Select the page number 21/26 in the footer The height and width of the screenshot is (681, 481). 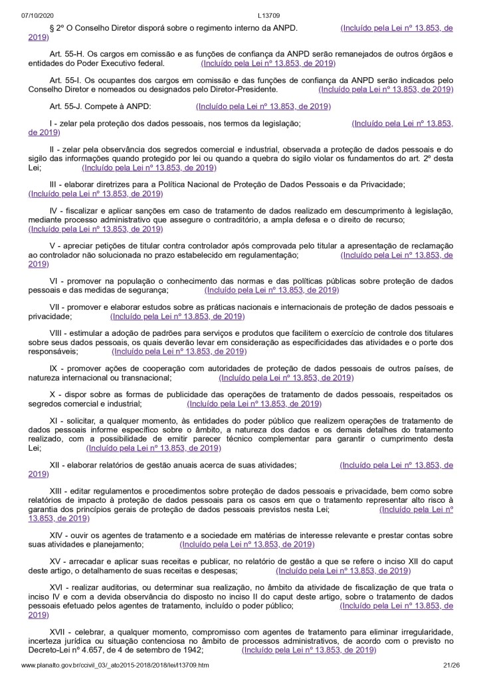[x=448, y=665]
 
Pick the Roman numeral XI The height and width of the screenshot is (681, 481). [x=56, y=421]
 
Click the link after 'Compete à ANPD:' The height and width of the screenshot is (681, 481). [x=263, y=106]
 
